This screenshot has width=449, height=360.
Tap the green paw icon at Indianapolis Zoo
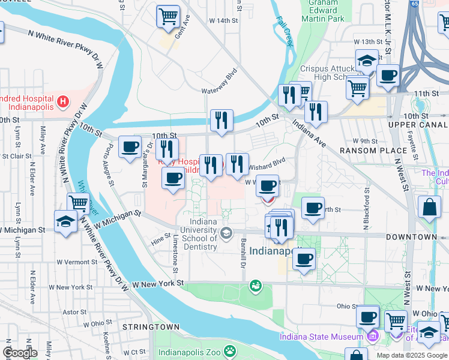[x=229, y=350]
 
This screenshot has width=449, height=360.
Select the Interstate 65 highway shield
[x=414, y=4]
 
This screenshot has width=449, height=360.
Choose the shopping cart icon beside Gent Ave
[x=168, y=16]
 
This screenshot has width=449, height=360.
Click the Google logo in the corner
[x=20, y=353]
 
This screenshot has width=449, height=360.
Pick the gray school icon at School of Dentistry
[x=226, y=233]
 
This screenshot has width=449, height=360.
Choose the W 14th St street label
[x=223, y=20]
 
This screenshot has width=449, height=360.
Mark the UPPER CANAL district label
[x=418, y=125]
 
